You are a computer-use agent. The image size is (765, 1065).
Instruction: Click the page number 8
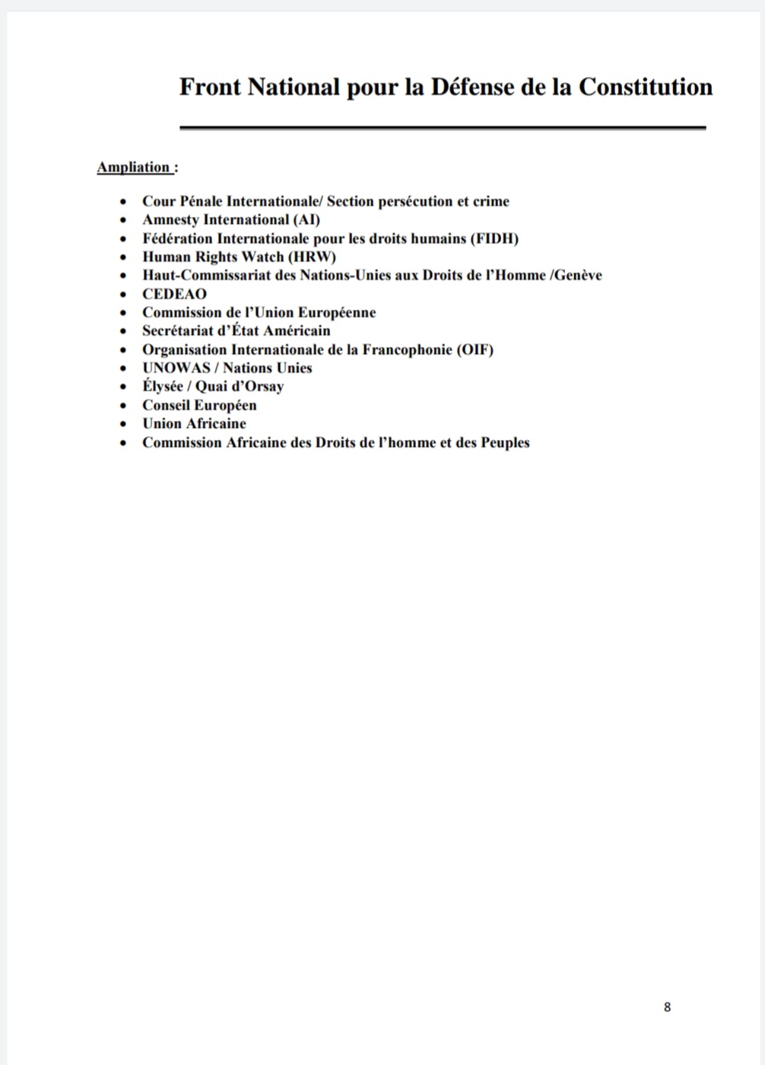pos(667,1007)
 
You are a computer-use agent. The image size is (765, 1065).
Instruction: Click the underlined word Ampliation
pos(134,167)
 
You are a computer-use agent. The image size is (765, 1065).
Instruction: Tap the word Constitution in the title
pos(646,87)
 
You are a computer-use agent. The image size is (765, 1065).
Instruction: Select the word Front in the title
pos(210,87)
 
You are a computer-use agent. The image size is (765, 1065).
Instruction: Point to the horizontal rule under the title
pos(443,128)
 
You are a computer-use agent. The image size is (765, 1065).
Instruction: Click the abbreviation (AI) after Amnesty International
pos(306,220)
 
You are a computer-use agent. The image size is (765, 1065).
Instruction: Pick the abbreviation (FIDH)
pos(494,238)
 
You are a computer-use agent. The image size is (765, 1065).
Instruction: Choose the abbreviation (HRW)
pos(312,257)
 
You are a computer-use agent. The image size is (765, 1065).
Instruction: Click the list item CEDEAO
pos(174,294)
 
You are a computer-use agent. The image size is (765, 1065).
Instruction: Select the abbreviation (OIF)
pos(475,349)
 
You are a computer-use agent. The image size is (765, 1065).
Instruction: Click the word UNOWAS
pos(176,368)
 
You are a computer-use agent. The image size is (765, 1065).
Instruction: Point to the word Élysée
pos(163,387)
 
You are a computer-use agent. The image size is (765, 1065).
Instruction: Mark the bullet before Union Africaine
pos(123,424)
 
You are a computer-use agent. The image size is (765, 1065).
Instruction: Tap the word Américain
pos(297,331)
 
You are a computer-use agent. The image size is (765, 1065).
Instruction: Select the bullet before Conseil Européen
pos(123,406)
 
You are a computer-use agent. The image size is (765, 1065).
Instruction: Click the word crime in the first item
pos(491,202)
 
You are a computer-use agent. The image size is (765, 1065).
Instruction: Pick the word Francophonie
pos(408,349)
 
